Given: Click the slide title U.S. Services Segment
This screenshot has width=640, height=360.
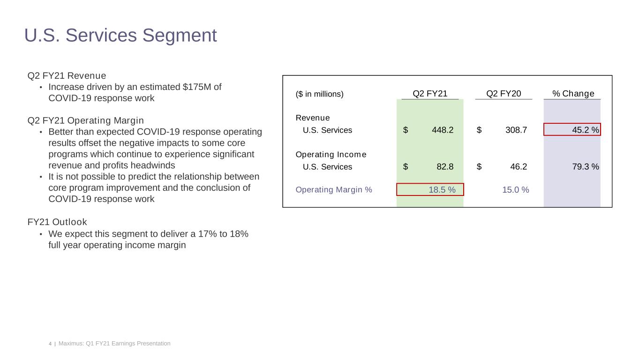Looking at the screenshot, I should [120, 36].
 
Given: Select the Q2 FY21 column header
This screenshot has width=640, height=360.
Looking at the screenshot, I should [430, 94].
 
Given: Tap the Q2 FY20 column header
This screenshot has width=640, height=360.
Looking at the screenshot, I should [504, 94].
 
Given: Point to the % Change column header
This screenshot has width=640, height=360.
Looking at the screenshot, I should [573, 94].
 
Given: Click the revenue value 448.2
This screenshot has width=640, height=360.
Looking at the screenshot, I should [443, 130].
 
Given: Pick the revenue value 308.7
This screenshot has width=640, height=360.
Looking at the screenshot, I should [516, 130].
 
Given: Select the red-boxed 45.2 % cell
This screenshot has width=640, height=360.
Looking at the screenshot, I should [572, 129].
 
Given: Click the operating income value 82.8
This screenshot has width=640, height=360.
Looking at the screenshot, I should [444, 167].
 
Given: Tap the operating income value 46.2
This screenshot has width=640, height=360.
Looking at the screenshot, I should [518, 167].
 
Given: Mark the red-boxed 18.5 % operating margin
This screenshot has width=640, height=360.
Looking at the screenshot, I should [430, 189].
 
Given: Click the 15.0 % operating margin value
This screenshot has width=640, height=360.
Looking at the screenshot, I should [515, 190].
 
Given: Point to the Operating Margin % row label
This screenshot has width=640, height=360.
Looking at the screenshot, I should [334, 190].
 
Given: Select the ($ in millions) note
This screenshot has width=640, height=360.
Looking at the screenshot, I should [319, 94].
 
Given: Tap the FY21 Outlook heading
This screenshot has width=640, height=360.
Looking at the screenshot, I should [57, 222].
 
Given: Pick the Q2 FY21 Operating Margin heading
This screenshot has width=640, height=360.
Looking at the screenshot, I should [86, 120].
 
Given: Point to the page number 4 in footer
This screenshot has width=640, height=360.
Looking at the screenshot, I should [50, 344].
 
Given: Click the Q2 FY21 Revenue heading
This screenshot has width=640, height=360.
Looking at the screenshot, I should [67, 76].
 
